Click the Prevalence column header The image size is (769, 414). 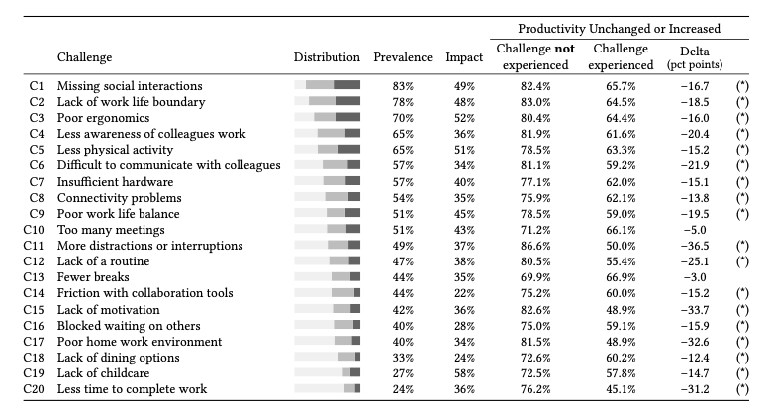coord(403,57)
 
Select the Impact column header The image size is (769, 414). coord(464,57)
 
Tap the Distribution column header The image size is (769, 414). coord(327,57)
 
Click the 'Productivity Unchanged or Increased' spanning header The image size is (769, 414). coord(619,29)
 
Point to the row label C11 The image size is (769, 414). coord(34,246)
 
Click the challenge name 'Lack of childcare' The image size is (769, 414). coord(103,373)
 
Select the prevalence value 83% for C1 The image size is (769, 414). coord(403,86)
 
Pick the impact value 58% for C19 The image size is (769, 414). coord(464,373)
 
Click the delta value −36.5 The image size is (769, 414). coord(695,246)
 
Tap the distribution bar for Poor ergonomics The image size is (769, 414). coord(328,117)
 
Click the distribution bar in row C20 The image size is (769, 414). coord(328,388)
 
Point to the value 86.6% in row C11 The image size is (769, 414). coord(535,246)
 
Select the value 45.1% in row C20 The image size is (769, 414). coord(621,389)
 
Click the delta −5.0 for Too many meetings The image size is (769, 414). coord(695,230)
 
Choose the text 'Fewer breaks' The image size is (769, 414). coord(93,277)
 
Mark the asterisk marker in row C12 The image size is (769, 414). coord(742,261)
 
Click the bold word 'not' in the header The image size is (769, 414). coord(564,49)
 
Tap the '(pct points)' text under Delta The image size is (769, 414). coord(695,64)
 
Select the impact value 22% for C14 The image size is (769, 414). coord(464,293)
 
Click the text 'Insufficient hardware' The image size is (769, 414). coord(115,182)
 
